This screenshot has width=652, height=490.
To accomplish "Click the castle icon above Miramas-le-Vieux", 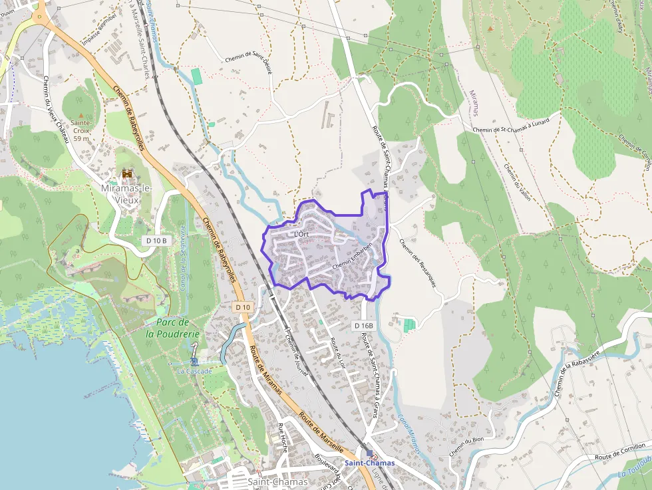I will click(127, 174).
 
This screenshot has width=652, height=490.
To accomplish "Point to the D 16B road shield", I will click(364, 325).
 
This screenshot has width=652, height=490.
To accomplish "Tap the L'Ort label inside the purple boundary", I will click(301, 234).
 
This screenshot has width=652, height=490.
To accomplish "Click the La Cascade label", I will click(194, 371).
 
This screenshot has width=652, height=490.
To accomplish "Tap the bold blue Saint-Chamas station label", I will click(369, 463).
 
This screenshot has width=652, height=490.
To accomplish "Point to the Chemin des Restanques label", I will click(418, 263).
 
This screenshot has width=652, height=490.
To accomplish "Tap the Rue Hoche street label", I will click(283, 437).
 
